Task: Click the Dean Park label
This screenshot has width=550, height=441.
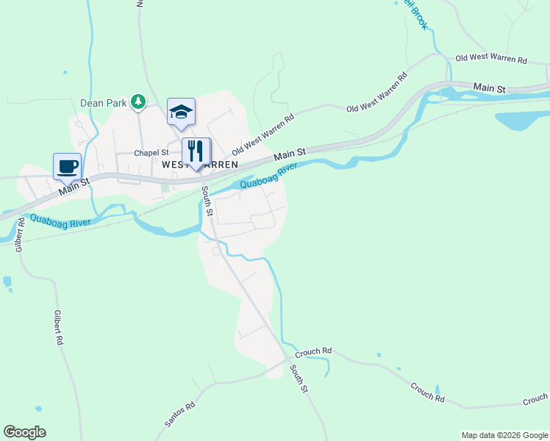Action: pyautogui.click(x=104, y=103)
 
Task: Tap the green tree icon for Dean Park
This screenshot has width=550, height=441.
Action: pyautogui.click(x=137, y=101)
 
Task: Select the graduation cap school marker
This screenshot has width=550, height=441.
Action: pyautogui.click(x=181, y=112)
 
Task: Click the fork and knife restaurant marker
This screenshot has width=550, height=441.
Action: pyautogui.click(x=196, y=151)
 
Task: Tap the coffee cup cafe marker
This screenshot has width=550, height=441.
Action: pyautogui.click(x=67, y=166)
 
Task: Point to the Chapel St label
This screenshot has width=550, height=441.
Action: pyautogui.click(x=151, y=153)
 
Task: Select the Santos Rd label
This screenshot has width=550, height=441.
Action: pyautogui.click(x=180, y=416)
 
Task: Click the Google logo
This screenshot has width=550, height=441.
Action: pyautogui.click(x=24, y=432)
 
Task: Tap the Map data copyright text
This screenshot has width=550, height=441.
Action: pyautogui.click(x=504, y=435)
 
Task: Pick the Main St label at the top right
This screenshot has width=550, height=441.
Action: pyautogui.click(x=490, y=88)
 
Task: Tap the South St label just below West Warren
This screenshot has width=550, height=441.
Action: pyautogui.click(x=208, y=201)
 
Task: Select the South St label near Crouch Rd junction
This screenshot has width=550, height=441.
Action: pyautogui.click(x=298, y=378)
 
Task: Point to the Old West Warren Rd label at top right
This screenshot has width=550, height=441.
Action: pyautogui.click(x=492, y=58)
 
